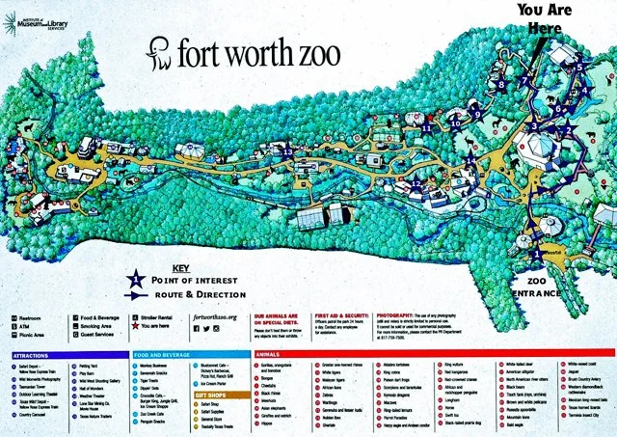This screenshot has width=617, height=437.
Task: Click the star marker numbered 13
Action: click(x=287, y=151)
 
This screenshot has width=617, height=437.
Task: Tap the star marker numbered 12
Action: click(x=416, y=183)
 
